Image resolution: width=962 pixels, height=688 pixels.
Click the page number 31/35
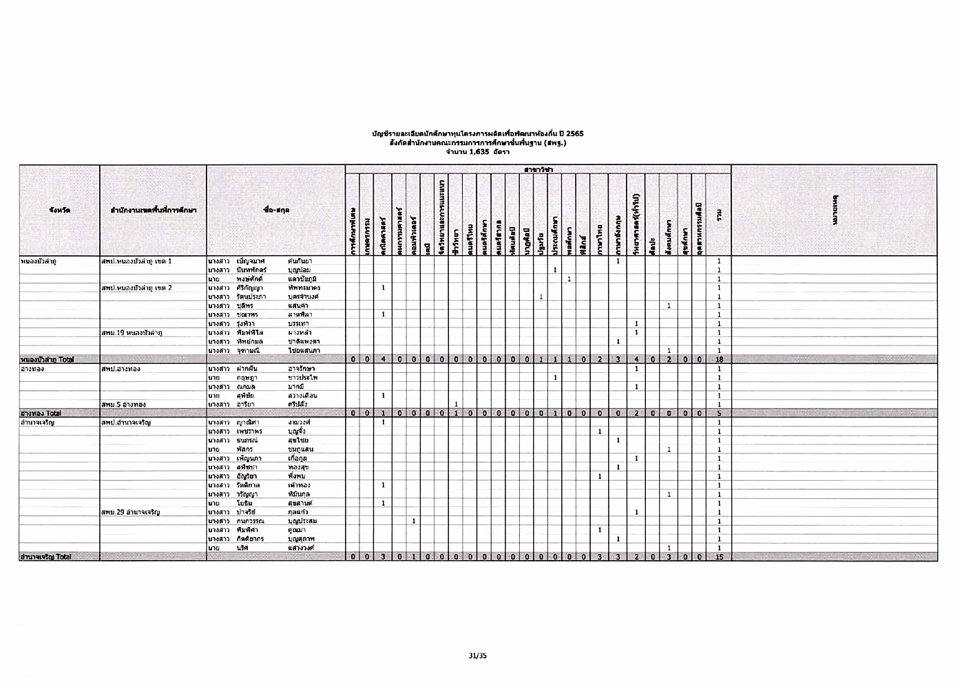[478, 656]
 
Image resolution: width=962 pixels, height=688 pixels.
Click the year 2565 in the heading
[574, 133]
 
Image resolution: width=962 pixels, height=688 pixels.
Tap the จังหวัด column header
[59, 210]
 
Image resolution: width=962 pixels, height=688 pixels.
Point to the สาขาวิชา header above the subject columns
[537, 169]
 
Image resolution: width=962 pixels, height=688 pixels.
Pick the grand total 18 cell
[719, 359]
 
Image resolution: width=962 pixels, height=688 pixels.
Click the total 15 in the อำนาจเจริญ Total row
[719, 557]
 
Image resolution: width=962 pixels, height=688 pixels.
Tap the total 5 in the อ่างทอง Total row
[719, 413]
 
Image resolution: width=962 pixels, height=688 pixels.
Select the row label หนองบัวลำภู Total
[48, 359]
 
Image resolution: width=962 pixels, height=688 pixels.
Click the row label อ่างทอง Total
[41, 413]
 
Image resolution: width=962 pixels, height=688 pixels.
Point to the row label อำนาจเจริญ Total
[45, 557]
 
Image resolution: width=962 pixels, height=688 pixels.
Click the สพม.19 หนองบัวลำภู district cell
[132, 333]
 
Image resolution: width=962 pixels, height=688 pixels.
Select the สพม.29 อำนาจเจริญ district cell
[130, 513]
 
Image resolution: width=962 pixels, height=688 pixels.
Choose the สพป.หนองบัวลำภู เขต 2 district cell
[136, 288]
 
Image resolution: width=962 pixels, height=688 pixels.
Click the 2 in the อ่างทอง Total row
[636, 413]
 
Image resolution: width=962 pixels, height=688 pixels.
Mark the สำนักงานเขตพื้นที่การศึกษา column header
[153, 210]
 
